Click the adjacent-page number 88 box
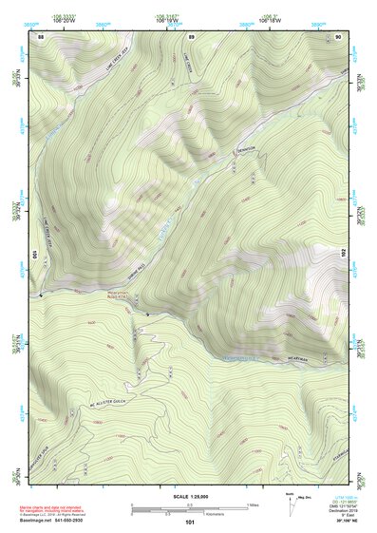click(x=41, y=36)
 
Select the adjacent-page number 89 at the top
click(x=191, y=36)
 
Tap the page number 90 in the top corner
click(x=339, y=36)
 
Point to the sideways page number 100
click(x=33, y=254)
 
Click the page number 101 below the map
click(x=190, y=522)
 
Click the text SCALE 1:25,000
click(x=191, y=496)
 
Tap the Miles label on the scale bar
click(x=253, y=504)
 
